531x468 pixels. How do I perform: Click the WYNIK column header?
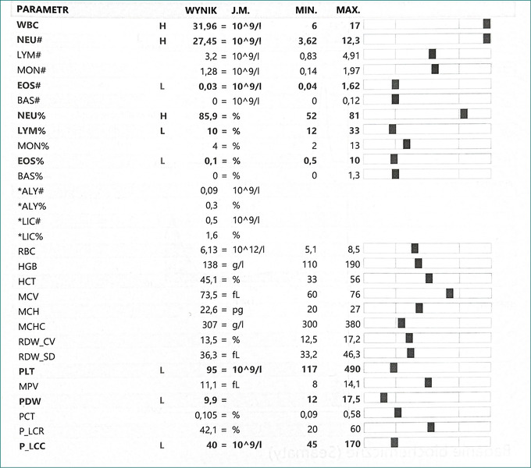(x=201, y=10)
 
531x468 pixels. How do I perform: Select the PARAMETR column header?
(x=43, y=9)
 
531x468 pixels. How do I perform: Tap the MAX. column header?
(x=348, y=10)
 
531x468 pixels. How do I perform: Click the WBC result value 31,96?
(x=205, y=26)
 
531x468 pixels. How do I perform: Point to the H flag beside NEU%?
(x=163, y=116)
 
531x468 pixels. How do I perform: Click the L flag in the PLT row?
(x=162, y=370)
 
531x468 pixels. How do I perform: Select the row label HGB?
(x=27, y=267)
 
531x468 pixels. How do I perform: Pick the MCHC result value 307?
(x=209, y=324)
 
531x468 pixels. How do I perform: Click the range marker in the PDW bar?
(x=383, y=398)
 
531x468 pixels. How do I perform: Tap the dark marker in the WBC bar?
(x=486, y=23)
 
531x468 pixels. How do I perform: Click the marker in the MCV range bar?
(x=450, y=293)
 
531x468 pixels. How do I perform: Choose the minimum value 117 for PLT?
(x=309, y=369)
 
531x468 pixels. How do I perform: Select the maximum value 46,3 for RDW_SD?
(x=352, y=354)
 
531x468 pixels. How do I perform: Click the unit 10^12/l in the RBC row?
(x=248, y=250)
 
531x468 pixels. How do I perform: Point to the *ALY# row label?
(x=30, y=191)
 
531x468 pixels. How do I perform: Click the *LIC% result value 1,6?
(x=212, y=236)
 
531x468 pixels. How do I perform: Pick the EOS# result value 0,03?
(x=208, y=87)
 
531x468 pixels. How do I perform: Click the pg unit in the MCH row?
(x=237, y=310)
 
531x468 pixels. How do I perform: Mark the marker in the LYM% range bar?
(x=393, y=129)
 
